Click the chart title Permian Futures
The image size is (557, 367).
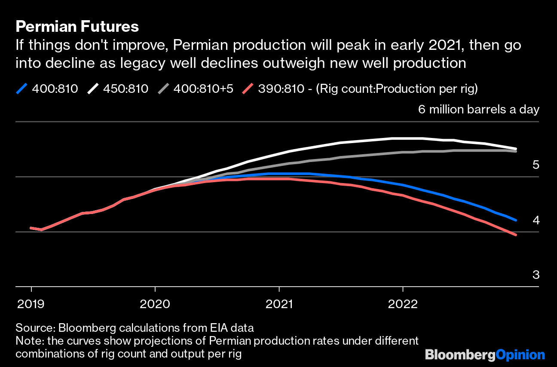click(x=77, y=27)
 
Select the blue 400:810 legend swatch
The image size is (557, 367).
click(x=22, y=89)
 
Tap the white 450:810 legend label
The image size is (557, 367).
click(x=125, y=89)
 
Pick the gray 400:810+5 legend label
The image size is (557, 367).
click(x=203, y=89)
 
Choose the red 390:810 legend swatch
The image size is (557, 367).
click(x=248, y=89)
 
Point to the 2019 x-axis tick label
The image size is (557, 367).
click(x=31, y=304)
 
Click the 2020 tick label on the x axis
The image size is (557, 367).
click(x=155, y=304)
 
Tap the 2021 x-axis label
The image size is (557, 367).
click(x=279, y=304)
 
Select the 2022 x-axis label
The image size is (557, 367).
click(x=403, y=304)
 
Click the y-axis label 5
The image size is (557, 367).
click(x=536, y=165)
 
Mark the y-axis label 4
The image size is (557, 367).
click(x=536, y=220)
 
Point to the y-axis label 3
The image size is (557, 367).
click(x=536, y=275)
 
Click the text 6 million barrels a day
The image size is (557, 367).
click(x=478, y=109)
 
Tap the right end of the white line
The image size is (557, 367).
click(x=516, y=149)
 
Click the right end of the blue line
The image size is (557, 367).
click(x=516, y=220)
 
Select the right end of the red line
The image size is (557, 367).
click(x=516, y=235)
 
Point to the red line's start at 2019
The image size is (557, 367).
click(x=31, y=228)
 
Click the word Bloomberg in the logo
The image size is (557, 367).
click(x=460, y=355)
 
